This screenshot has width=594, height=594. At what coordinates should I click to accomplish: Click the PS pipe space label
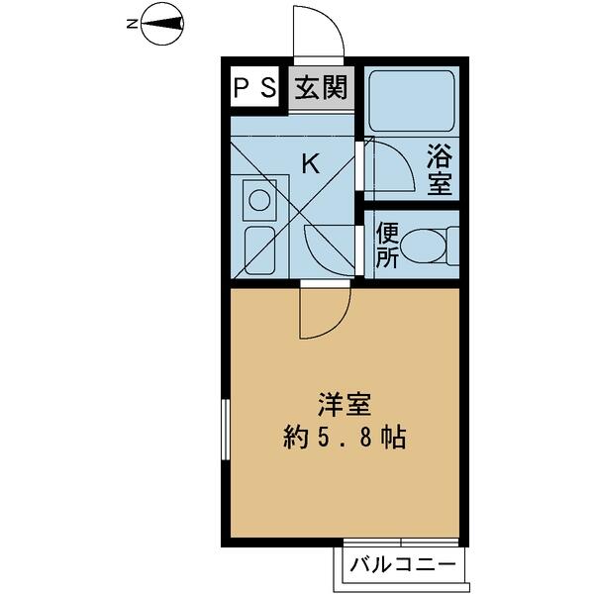click(254, 87)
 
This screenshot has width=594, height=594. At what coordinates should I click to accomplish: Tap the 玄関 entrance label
click(321, 87)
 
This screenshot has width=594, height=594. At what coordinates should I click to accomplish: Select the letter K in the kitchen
click(310, 163)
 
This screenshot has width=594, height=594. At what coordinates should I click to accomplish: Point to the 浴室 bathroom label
click(440, 169)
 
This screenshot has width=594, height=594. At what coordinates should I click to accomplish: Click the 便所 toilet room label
click(387, 246)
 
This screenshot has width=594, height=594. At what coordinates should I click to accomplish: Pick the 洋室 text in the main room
click(345, 405)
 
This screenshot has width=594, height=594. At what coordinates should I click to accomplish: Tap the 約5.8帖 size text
click(345, 438)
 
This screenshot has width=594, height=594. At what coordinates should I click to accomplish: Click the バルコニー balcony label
click(402, 565)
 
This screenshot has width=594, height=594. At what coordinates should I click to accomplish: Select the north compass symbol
click(162, 24)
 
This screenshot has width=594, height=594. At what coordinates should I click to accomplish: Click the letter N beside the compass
click(132, 24)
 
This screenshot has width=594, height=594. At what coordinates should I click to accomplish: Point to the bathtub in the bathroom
click(412, 101)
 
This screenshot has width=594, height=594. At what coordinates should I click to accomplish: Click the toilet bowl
click(423, 246)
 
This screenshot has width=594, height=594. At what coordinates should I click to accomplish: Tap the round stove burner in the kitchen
click(259, 200)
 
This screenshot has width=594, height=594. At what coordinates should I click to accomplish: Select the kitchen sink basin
click(259, 250)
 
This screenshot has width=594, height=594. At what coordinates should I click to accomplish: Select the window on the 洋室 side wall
click(226, 430)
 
